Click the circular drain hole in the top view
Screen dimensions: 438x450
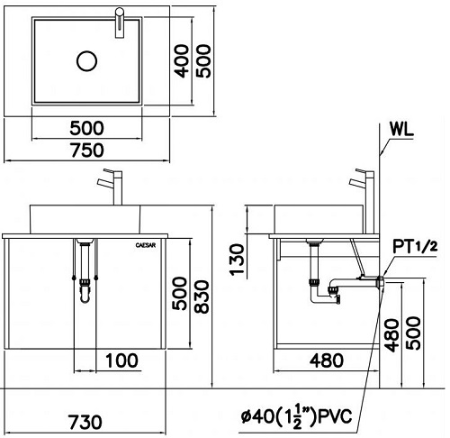pos(86,60)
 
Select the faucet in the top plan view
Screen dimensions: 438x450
pos(119,22)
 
